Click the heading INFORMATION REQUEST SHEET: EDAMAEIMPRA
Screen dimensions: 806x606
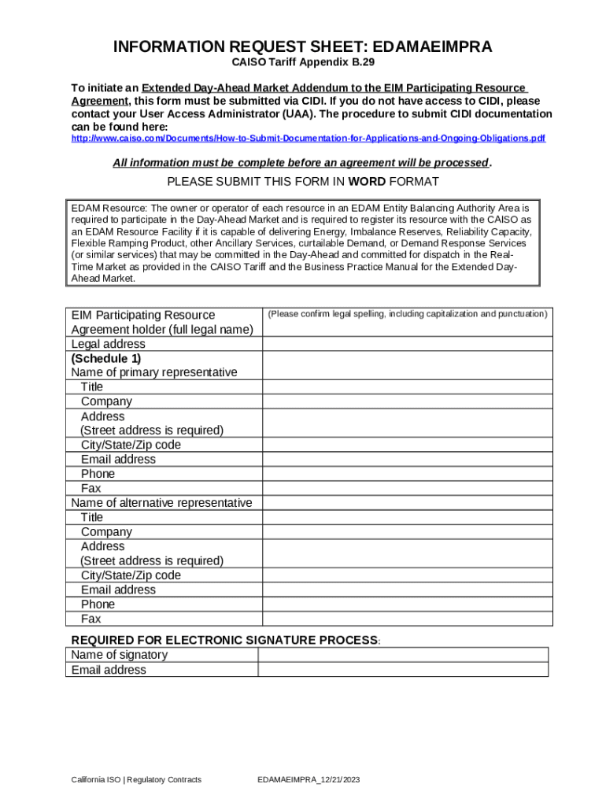[x=303, y=47]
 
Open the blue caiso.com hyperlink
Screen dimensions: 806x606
[x=308, y=139]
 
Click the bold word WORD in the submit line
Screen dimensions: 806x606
[x=367, y=182]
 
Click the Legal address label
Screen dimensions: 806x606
[x=109, y=344]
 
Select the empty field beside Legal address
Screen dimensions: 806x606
[x=408, y=344]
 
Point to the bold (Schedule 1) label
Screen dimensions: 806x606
[x=106, y=358]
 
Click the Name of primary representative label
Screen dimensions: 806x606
[x=154, y=372]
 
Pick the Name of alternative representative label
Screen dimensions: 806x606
[x=161, y=503]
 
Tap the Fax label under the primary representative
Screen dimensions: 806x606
[x=91, y=489]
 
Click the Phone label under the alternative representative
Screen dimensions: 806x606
[x=98, y=604]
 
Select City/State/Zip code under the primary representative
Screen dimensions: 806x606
[x=131, y=445]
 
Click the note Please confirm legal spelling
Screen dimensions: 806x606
[x=408, y=314]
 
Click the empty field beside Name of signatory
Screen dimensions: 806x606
[x=403, y=655]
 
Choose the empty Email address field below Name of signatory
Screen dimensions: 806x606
[x=403, y=670]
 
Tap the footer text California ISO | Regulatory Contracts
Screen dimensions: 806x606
[x=136, y=780]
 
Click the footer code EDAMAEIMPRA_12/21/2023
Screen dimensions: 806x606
[x=309, y=780]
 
